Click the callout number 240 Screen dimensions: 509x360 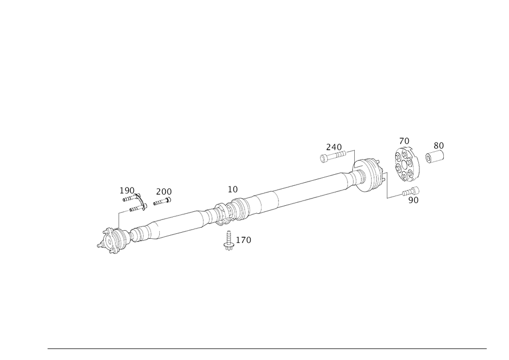click(334, 147)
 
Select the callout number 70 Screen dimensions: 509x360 click(404, 141)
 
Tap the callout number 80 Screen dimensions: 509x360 click(439, 146)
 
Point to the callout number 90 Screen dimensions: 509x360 click(413, 200)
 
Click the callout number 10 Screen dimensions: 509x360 click(233, 189)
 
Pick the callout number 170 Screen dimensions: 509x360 click(243, 240)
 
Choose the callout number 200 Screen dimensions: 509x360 click(164, 192)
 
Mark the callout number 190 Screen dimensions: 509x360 click(127, 190)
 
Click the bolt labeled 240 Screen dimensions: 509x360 click(333, 156)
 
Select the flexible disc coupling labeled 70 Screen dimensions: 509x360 click(406, 164)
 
